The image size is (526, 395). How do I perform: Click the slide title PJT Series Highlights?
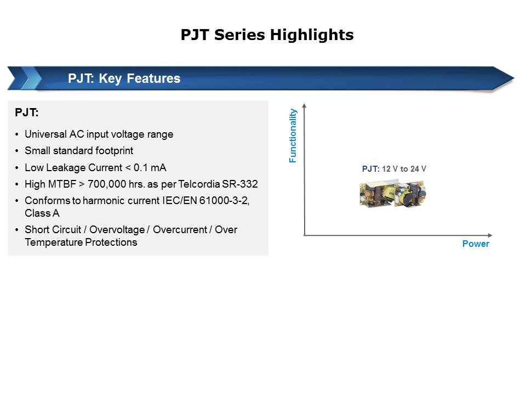267,35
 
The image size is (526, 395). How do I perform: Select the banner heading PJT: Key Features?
124,78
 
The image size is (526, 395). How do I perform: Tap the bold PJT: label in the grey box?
27,113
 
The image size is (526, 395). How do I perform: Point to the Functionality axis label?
293,136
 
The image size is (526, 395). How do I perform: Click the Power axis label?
475,244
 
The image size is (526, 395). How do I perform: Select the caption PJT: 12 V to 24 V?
394,169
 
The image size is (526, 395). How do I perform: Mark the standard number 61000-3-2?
224,201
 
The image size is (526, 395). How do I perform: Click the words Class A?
42,213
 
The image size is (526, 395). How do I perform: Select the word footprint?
113,151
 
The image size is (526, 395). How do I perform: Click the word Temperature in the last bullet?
53,242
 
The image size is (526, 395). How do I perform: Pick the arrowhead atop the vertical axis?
304,105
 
